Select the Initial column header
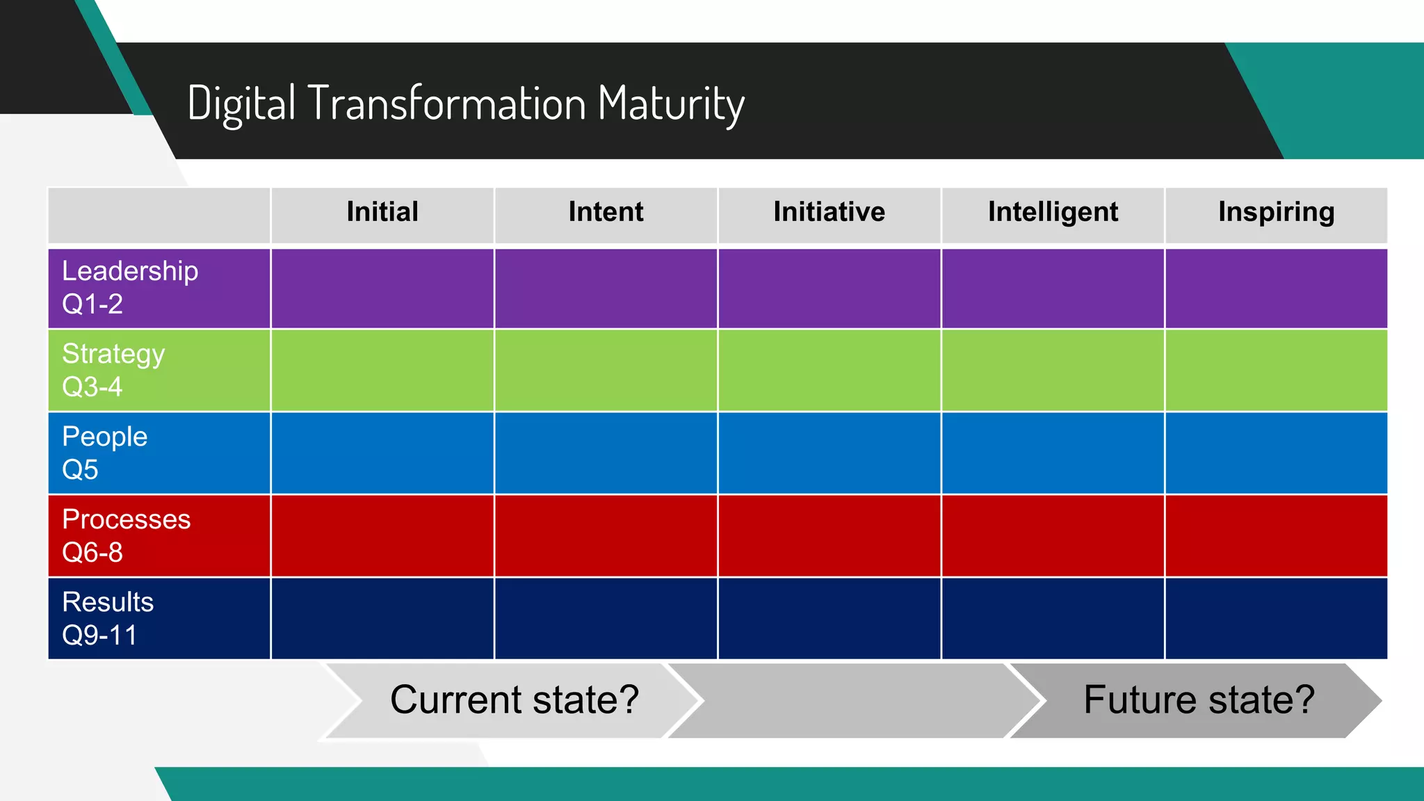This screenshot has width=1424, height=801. point(382,212)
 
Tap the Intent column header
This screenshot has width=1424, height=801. point(606,212)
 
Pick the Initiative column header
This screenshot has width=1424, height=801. point(829,212)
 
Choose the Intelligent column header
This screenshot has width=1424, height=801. point(1053,212)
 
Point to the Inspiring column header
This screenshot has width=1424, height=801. point(1276,212)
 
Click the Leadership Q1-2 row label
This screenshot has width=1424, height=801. point(130,288)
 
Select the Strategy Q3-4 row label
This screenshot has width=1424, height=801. point(113,370)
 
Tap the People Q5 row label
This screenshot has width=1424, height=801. point(104,453)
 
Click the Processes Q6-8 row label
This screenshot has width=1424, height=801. point(126,535)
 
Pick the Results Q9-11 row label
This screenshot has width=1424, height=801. point(108,618)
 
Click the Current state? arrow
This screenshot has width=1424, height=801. point(514,699)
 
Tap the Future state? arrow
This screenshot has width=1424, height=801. point(1199,699)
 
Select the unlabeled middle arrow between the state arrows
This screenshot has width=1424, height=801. point(855,700)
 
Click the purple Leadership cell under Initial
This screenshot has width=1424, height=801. point(382,288)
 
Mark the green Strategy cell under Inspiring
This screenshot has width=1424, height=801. point(1276,370)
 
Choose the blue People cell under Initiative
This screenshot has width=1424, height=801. point(829,453)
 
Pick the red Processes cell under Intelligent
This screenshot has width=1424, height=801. point(1053,535)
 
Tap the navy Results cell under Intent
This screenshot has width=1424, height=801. point(606,618)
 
